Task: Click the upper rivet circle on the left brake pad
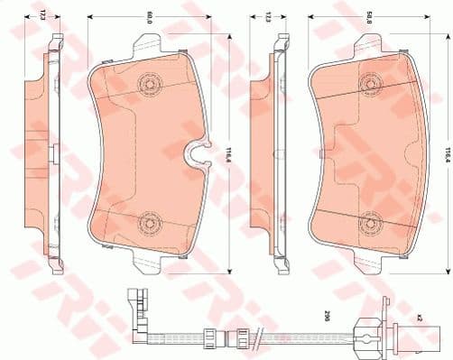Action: click(x=147, y=85)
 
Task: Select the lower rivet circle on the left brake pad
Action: click(x=147, y=222)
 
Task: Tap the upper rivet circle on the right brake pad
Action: click(x=369, y=85)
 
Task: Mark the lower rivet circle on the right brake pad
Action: click(x=369, y=223)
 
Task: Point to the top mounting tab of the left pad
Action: click(x=149, y=45)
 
